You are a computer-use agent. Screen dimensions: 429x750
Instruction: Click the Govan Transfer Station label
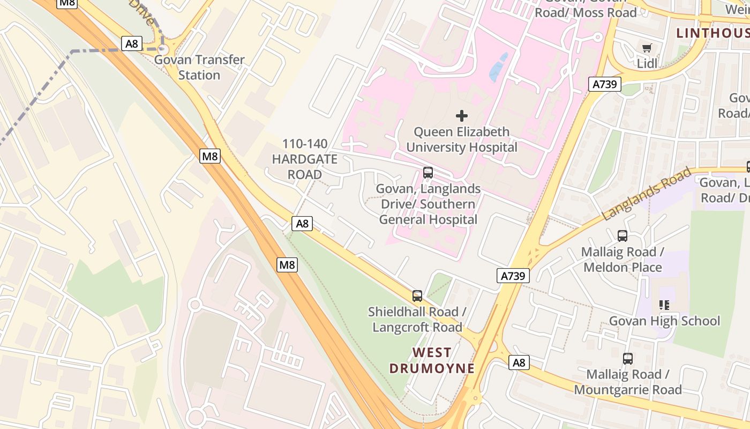pyautogui.click(x=199, y=68)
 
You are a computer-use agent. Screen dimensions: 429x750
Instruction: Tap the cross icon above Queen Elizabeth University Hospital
pyautogui.click(x=461, y=116)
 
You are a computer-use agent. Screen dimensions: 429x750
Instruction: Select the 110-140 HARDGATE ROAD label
pyautogui.click(x=305, y=159)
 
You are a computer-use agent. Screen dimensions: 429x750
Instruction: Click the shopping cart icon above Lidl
pyautogui.click(x=647, y=48)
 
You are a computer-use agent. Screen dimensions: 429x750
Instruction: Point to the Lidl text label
pyautogui.click(x=647, y=64)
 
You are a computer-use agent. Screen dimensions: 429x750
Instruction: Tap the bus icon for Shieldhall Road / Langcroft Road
pyautogui.click(x=417, y=295)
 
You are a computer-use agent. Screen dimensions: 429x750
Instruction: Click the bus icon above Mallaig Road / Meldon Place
pyautogui.click(x=622, y=235)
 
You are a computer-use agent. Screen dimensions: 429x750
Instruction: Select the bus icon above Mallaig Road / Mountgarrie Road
pyautogui.click(x=627, y=358)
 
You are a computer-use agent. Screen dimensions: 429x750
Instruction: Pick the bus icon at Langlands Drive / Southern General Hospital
pyautogui.click(x=427, y=173)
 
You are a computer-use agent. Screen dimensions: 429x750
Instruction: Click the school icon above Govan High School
pyautogui.click(x=664, y=305)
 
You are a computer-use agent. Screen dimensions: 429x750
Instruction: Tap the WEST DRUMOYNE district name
pyautogui.click(x=432, y=360)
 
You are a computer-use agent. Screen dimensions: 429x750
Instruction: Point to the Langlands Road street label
pyautogui.click(x=646, y=194)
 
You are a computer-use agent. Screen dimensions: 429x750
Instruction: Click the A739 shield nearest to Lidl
pyautogui.click(x=606, y=84)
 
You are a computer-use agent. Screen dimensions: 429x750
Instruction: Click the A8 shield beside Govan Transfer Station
pyautogui.click(x=132, y=43)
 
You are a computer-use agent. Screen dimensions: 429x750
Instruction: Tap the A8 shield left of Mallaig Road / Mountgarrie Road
pyautogui.click(x=519, y=363)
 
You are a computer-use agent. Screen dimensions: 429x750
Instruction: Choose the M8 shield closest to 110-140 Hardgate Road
pyautogui.click(x=210, y=156)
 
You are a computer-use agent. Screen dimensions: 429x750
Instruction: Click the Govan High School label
pyautogui.click(x=664, y=321)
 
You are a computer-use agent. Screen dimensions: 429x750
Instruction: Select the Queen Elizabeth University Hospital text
pyautogui.click(x=461, y=139)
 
